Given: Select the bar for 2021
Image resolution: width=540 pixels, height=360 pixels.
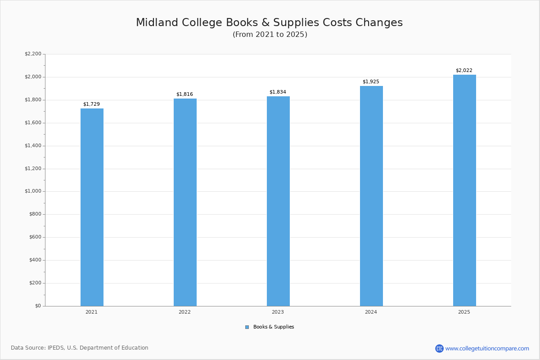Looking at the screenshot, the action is tap(92, 207).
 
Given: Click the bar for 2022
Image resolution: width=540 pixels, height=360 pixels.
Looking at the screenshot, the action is tap(185, 202).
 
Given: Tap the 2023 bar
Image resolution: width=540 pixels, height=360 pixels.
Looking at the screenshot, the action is tap(278, 201).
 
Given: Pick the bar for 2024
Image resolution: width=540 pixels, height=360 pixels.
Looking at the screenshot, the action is tap(372, 196).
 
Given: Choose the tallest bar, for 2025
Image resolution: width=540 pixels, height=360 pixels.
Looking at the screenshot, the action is tap(464, 190).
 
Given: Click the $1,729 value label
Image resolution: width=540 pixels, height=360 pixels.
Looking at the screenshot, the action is tap(92, 104).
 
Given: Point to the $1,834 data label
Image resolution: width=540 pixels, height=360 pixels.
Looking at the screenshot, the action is tap(278, 92).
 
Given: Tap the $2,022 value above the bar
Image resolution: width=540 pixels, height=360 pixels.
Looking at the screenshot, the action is tap(464, 70).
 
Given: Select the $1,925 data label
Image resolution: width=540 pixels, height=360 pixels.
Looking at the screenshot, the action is tap(371, 82).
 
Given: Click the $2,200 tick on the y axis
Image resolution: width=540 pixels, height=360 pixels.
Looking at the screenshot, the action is tap(33, 54).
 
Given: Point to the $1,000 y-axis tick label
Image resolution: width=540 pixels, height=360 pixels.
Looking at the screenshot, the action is tap(33, 191).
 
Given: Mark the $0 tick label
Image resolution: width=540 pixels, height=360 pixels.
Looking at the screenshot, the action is tap(38, 306).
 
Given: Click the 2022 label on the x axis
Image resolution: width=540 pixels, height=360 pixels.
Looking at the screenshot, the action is tap(184, 312).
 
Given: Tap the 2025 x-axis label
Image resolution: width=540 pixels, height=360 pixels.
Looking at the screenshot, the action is tap(464, 312).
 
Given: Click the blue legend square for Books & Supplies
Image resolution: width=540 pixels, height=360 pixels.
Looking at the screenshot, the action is tap(247, 327).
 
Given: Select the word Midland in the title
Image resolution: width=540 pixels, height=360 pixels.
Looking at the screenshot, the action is tap(157, 22).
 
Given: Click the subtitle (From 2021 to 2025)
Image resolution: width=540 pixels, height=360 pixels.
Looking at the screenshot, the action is tap(270, 35).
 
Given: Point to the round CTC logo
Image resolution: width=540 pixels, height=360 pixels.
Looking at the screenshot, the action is tap(439, 348).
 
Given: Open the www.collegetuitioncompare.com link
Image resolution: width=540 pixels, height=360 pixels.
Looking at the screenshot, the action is tap(487, 349).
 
